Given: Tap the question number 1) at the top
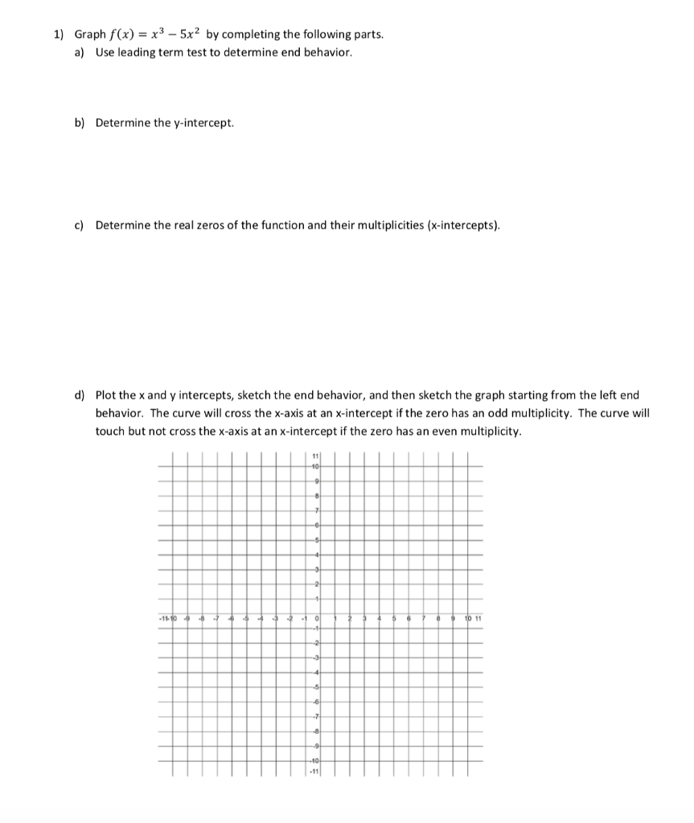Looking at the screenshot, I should click(58, 35).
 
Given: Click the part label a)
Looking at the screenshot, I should click(80, 52).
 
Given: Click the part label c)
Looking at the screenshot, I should click(80, 226).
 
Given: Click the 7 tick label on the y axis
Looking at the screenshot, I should click(318, 510).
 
